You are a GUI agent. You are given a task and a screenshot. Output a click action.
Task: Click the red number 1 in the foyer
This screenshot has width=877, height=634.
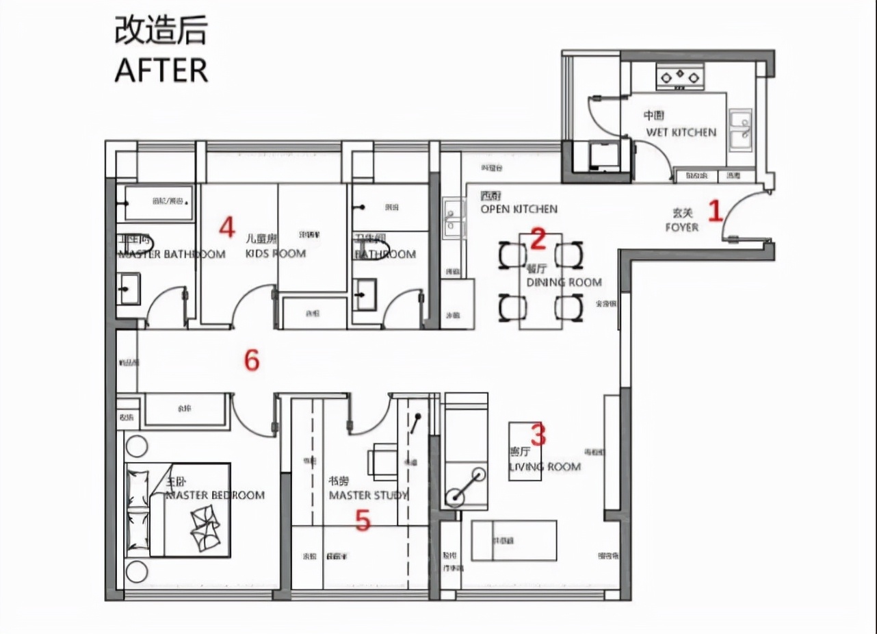pyautogui.click(x=715, y=210)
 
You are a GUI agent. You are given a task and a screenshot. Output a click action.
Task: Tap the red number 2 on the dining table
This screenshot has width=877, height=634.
pyautogui.click(x=538, y=239)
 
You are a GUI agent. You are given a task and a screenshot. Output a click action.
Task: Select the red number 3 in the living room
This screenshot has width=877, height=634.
pyautogui.click(x=539, y=434)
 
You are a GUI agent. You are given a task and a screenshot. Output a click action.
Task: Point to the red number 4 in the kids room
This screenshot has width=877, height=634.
pyautogui.click(x=227, y=227)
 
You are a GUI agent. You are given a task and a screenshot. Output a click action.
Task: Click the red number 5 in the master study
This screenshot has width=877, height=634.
pyautogui.click(x=363, y=522)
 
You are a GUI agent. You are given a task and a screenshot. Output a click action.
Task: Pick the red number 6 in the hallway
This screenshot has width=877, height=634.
pyautogui.click(x=252, y=360)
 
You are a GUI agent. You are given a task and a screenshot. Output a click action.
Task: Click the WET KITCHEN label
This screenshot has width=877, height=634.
pyautogui.click(x=681, y=132)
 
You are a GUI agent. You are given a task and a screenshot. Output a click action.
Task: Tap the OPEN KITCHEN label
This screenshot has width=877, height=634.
pyautogui.click(x=519, y=209)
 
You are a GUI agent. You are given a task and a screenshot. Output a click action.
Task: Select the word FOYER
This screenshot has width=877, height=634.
pyautogui.click(x=681, y=227)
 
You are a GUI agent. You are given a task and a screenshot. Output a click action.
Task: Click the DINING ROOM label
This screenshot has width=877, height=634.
pyautogui.click(x=564, y=282)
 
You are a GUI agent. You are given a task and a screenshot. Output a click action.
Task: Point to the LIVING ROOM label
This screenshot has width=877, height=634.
pyautogui.click(x=545, y=467)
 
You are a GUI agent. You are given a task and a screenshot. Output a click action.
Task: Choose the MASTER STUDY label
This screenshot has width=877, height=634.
pyautogui.click(x=368, y=495)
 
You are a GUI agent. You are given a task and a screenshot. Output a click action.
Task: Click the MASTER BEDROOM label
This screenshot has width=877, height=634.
pyautogui.click(x=215, y=495)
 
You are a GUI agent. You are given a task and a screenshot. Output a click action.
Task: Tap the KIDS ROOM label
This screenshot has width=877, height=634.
pyautogui.click(x=275, y=253)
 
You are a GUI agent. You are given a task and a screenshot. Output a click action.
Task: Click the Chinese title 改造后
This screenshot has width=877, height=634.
pyautogui.click(x=159, y=31)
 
